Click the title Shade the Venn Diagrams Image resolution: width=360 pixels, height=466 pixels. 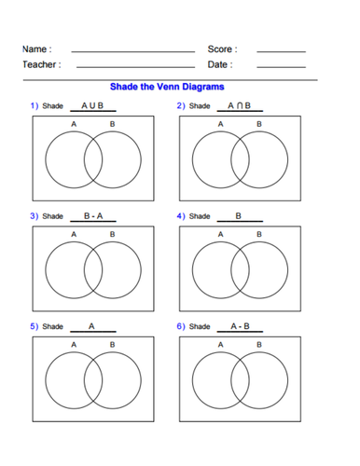(x=167, y=87)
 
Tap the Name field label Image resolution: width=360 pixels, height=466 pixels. (x=37, y=49)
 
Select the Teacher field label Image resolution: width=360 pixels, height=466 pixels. (x=42, y=64)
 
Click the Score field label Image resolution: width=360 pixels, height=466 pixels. (x=222, y=49)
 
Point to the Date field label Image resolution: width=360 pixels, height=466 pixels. (x=220, y=64)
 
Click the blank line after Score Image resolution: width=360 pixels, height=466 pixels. (x=282, y=51)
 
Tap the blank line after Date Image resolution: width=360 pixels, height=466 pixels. (x=282, y=67)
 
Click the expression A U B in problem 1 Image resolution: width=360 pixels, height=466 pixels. (x=92, y=105)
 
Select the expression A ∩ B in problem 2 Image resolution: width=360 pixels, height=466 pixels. (x=239, y=105)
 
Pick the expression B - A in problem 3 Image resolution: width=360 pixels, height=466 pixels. (x=93, y=216)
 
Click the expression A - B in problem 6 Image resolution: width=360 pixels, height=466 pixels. (x=240, y=326)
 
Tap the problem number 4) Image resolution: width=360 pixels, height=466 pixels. (x=181, y=216)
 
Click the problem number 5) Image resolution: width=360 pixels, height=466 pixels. (x=35, y=326)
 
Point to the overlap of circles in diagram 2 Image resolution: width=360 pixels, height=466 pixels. (x=240, y=159)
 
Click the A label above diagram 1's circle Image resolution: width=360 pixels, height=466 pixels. (x=74, y=124)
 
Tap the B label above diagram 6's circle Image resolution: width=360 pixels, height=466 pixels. (x=259, y=345)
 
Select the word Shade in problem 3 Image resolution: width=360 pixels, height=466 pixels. (x=52, y=216)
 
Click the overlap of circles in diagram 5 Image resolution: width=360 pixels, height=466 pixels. (x=93, y=380)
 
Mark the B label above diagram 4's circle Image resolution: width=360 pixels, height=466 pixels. (x=259, y=234)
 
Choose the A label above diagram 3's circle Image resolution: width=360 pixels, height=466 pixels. (x=74, y=234)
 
